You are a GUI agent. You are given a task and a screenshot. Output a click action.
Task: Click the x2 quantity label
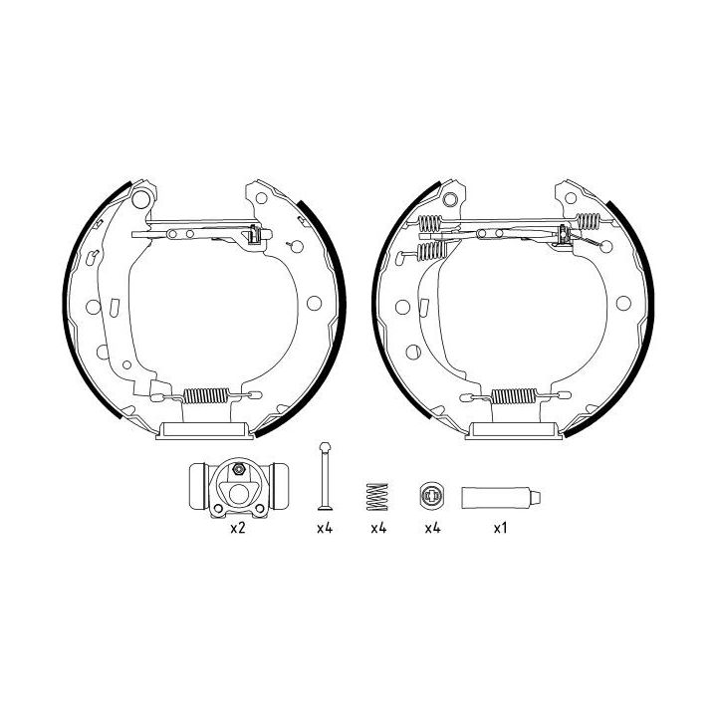[x=237, y=529]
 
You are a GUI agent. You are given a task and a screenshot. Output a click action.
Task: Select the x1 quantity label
[x=501, y=529]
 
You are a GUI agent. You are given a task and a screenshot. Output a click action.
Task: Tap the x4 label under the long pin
[x=324, y=529]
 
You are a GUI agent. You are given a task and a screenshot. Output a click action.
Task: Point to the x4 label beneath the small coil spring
[x=377, y=529]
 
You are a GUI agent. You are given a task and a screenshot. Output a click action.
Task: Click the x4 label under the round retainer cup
[x=432, y=529]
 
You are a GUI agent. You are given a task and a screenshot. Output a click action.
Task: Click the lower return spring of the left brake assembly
[x=208, y=394]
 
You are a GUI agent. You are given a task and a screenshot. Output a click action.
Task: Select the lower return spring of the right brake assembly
[x=517, y=394]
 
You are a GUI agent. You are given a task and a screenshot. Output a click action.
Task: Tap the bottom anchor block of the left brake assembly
[x=204, y=428]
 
